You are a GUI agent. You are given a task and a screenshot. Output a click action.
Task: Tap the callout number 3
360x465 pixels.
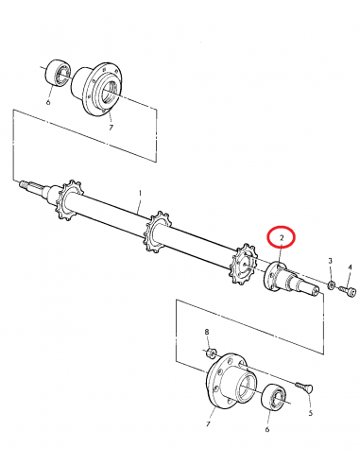pos(330,260)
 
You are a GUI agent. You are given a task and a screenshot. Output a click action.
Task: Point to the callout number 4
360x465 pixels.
pos(349,268)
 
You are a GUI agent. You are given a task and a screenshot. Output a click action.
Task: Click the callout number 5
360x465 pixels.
pos(311,412)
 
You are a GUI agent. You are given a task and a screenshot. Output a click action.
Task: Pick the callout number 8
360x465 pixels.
pos(207,332)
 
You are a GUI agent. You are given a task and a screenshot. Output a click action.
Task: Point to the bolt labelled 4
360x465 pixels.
pos(351,292)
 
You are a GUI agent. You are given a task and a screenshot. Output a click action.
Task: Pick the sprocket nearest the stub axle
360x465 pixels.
pos(245,265)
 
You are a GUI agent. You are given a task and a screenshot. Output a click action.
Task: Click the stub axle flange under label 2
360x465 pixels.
pos(276,276)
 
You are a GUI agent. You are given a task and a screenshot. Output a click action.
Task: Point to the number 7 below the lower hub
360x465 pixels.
pos(209,424)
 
